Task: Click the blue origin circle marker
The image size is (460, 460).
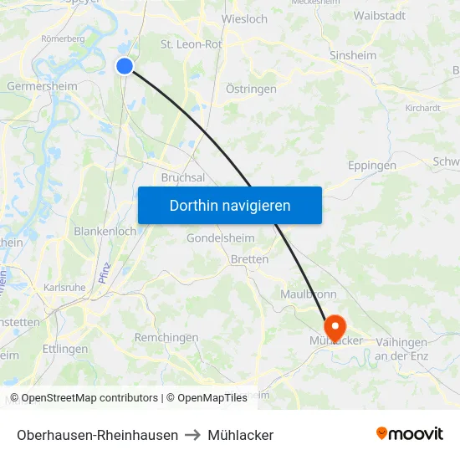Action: tap(125, 65)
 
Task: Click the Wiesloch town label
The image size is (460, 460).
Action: tap(244, 18)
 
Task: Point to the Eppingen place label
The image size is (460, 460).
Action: tap(372, 166)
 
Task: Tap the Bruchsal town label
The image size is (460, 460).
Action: tap(183, 177)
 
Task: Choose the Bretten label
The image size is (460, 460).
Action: tap(249, 259)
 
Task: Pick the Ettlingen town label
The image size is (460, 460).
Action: tap(64, 349)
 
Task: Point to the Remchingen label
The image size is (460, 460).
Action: tap(166, 338)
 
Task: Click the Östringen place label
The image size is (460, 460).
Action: tap(252, 88)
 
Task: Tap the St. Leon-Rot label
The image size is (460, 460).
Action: tap(191, 43)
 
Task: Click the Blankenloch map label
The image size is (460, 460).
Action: tap(105, 232)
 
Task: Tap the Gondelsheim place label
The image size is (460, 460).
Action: tap(220, 238)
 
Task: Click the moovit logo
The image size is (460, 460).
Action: tap(410, 434)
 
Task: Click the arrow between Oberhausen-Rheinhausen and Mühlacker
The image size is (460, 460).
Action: tap(193, 435)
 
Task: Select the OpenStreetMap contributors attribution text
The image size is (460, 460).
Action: tap(84, 398)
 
